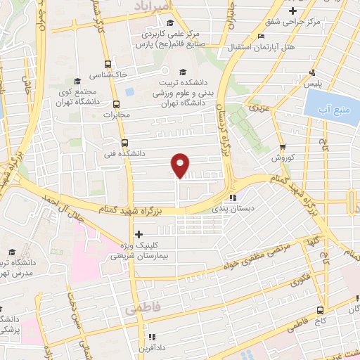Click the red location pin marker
[181, 165]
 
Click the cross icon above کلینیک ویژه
[139, 234]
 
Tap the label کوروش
[280, 159]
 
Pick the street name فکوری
[300, 278]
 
